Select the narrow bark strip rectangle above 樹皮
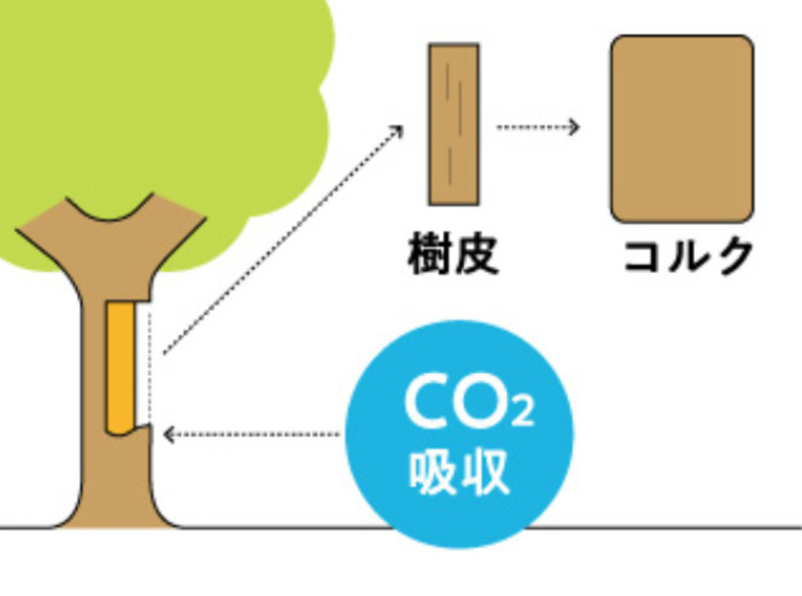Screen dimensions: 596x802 coord(454,124)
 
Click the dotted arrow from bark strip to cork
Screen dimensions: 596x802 coord(537,126)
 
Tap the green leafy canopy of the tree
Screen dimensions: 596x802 coord(167,100)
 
